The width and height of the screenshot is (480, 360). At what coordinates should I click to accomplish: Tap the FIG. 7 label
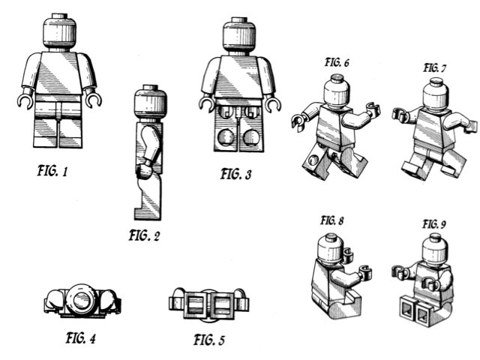pos(435,68)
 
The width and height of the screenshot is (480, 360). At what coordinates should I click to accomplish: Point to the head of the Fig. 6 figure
pos(334,91)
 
